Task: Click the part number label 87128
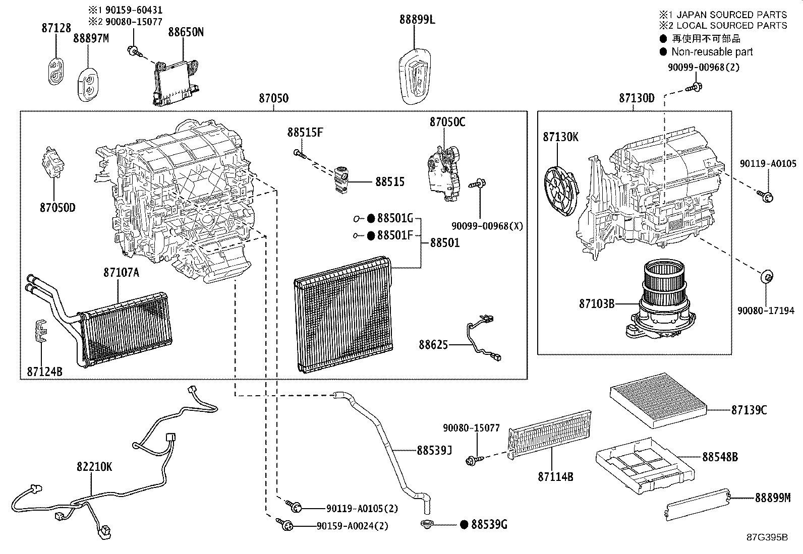tap(56, 28)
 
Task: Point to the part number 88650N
tap(186, 32)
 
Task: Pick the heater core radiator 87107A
tap(126, 328)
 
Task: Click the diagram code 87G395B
tap(767, 537)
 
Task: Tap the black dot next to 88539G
tap(464, 525)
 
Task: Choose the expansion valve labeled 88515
tap(342, 179)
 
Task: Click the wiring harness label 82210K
tap(94, 467)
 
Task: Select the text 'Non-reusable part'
tap(712, 51)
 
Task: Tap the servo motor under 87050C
tap(442, 171)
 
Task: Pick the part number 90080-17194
tap(766, 311)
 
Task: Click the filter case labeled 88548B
tap(644, 466)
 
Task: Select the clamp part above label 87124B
tap(40, 331)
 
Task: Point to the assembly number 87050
tap(273, 98)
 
